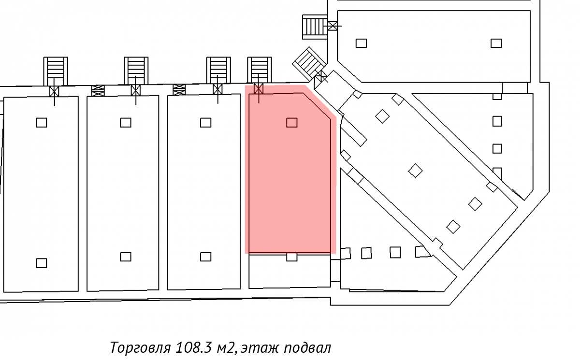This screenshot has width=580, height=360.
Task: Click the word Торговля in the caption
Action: pyautogui.click(x=140, y=347)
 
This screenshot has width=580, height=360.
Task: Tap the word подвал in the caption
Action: pyautogui.click(x=307, y=348)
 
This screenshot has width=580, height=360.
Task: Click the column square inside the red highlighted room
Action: pyautogui.click(x=291, y=123)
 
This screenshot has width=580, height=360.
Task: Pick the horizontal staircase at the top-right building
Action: pyautogui.click(x=315, y=27)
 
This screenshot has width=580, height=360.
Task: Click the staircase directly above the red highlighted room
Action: pyautogui.click(x=260, y=70)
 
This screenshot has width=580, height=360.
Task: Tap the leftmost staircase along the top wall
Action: pyautogui.click(x=56, y=72)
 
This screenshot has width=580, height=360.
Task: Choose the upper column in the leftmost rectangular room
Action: pyautogui.click(x=42, y=123)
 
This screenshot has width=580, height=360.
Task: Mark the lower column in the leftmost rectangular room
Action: pyautogui.click(x=42, y=263)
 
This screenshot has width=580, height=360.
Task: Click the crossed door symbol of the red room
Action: pyautogui.click(x=259, y=89)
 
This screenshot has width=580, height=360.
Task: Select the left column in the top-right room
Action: pyautogui.click(x=361, y=43)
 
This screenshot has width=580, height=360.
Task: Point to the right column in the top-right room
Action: pyautogui.click(x=496, y=43)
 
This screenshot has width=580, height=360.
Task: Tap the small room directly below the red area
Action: pyautogui.click(x=290, y=271)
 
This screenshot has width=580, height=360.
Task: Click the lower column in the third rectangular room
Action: pyautogui.click(x=205, y=257)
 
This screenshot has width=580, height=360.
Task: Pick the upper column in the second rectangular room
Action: pyautogui.click(x=126, y=123)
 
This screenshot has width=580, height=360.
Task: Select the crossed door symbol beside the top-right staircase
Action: pyautogui.click(x=333, y=26)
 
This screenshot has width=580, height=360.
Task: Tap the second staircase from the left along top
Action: pyautogui.click(x=136, y=71)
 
